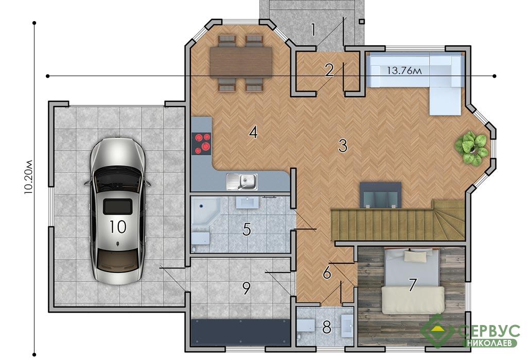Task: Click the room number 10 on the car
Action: [118, 227]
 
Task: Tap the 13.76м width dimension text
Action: [404, 71]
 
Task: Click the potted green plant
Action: [471, 148]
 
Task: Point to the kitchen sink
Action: [242, 182]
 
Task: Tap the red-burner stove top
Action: [201, 143]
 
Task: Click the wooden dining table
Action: [241, 61]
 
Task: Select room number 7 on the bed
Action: [412, 285]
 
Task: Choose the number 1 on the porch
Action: [313, 29]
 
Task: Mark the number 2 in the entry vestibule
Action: [329, 69]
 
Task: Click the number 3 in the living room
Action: [342, 146]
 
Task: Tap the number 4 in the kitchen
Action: [253, 132]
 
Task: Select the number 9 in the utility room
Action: [247, 288]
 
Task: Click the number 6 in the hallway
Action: [327, 273]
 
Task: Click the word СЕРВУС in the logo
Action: [488, 331]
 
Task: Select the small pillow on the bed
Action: [415, 256]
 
